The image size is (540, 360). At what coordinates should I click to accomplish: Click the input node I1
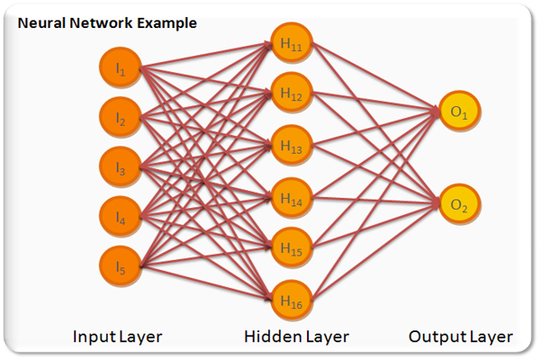pyautogui.click(x=121, y=68)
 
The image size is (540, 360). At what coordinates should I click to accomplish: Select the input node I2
pyautogui.click(x=121, y=119)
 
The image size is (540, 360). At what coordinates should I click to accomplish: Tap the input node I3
pyautogui.click(x=121, y=168)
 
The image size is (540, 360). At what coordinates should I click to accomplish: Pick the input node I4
pyautogui.click(x=121, y=218)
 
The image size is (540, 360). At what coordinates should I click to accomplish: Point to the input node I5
pyautogui.click(x=121, y=267)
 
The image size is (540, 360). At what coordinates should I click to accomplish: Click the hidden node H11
pyautogui.click(x=291, y=43)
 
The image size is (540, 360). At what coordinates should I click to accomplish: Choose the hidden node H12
pyautogui.click(x=291, y=94)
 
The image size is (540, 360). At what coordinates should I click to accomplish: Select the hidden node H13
pyautogui.click(x=291, y=144)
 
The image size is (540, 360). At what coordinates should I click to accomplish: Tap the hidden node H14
pyautogui.click(x=291, y=194)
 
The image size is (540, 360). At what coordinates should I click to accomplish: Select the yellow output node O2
pyautogui.click(x=460, y=206)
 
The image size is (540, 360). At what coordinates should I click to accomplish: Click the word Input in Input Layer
pyautogui.click(x=93, y=337)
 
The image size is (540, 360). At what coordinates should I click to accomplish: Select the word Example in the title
pyautogui.click(x=167, y=21)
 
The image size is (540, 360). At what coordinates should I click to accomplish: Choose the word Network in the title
pyautogui.click(x=100, y=21)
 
